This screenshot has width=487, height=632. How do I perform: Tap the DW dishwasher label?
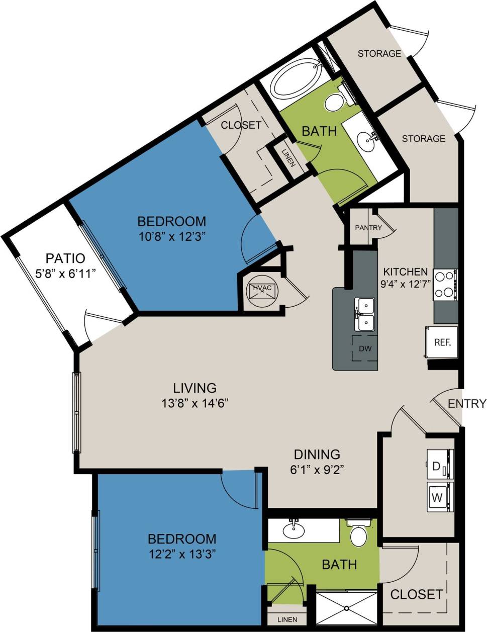click(x=365, y=348)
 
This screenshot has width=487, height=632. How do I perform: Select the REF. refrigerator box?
click(x=442, y=342)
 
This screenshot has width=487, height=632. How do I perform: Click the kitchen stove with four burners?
click(x=445, y=285)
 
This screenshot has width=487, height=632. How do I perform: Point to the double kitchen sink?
click(x=365, y=314)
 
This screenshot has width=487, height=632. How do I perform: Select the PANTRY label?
click(x=368, y=227)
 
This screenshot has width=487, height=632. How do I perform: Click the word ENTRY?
click(x=467, y=403)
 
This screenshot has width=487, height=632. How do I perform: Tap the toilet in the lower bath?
click(x=358, y=535)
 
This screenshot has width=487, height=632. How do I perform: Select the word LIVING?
click(x=194, y=388)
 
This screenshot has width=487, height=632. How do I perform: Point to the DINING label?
click(x=317, y=454)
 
